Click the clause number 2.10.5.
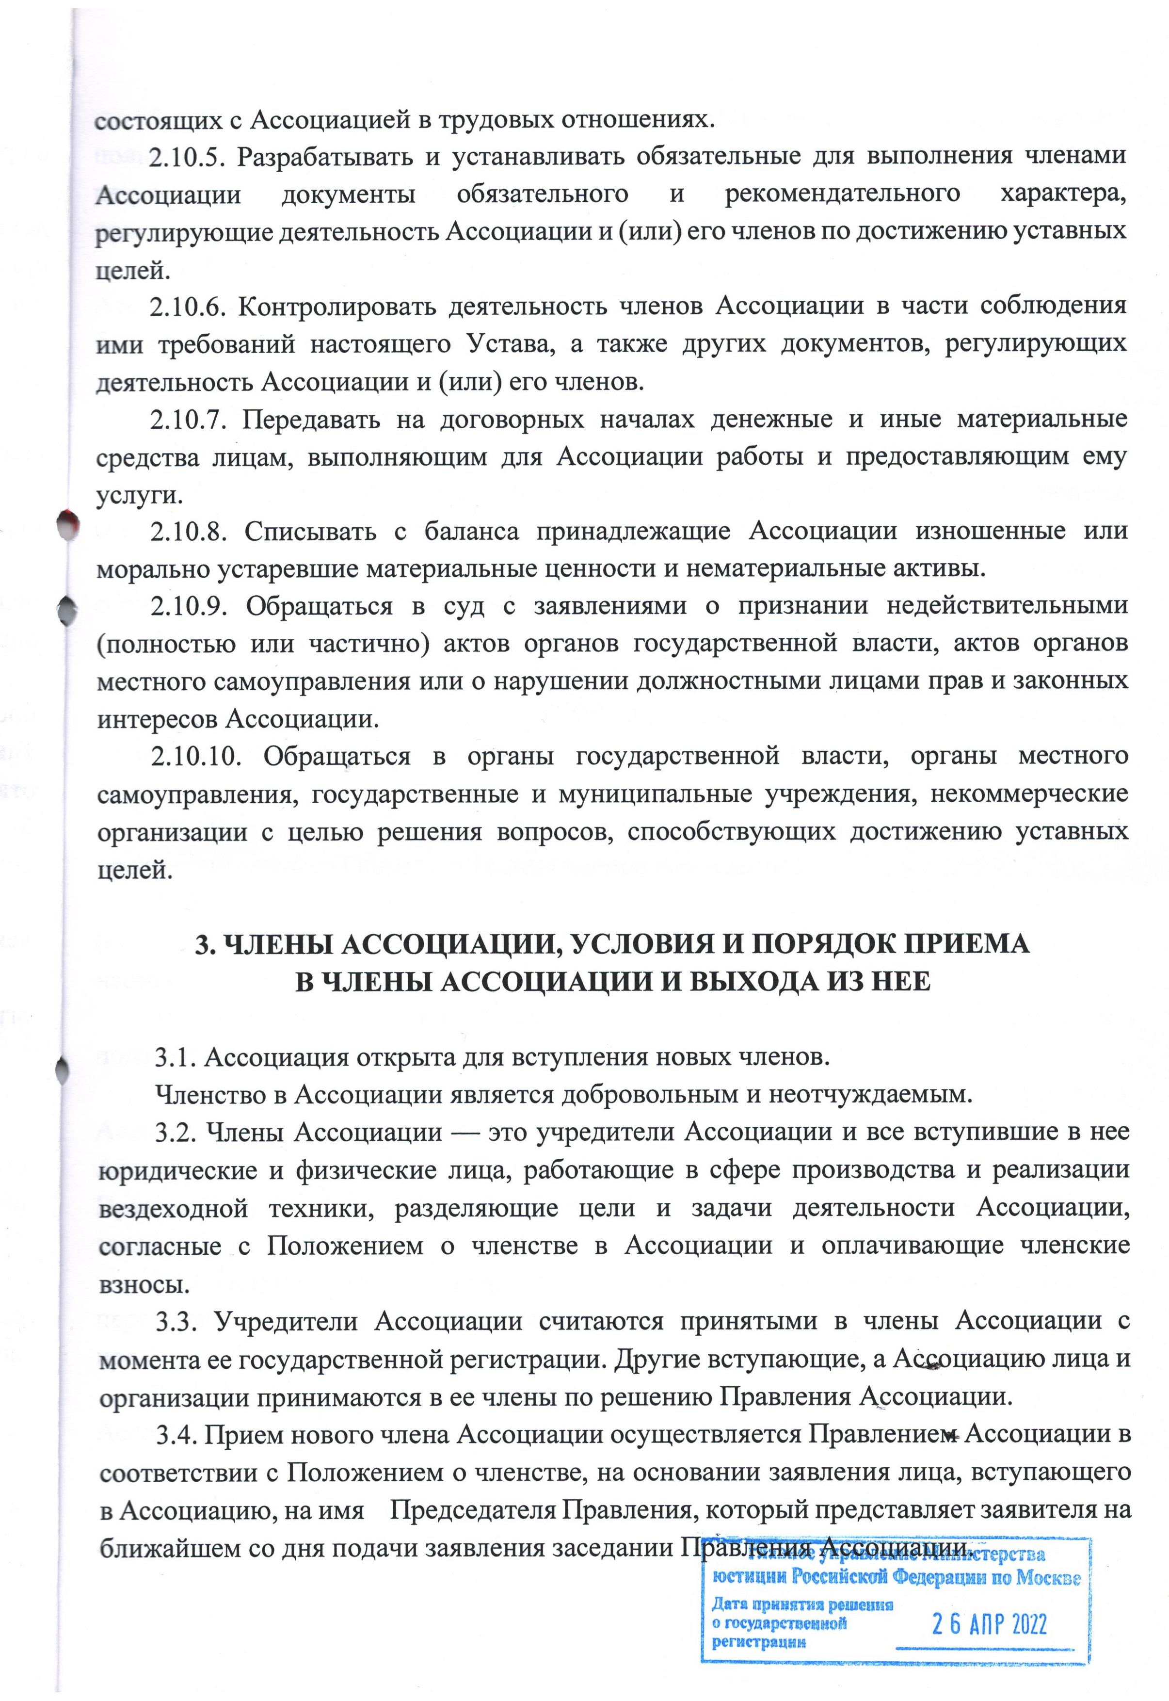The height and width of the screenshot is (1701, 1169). pos(185,158)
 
